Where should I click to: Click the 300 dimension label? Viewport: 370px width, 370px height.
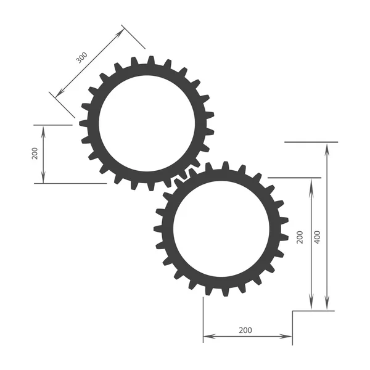click(81, 57)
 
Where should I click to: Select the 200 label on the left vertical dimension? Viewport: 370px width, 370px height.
click(35, 154)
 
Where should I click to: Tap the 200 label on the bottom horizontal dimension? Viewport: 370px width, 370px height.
click(245, 331)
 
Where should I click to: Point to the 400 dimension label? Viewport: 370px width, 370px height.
click(317, 237)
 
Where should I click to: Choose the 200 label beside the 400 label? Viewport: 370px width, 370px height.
click(300, 237)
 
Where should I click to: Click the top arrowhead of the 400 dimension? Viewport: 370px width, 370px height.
click(327, 147)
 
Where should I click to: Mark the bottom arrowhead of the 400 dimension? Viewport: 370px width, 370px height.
click(327, 306)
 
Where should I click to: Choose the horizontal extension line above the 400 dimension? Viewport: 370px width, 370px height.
click(311, 142)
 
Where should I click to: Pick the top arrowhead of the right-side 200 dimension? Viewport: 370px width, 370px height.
click(311, 183)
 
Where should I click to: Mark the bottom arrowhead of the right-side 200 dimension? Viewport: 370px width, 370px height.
click(311, 306)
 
